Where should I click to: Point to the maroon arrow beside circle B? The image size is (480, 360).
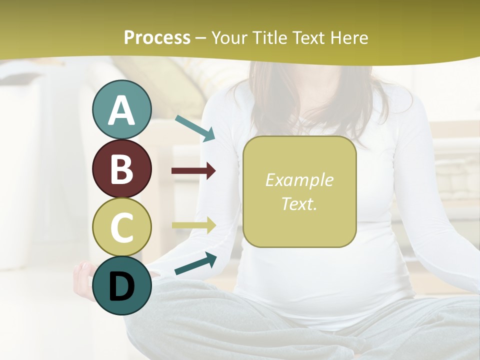pos(193,171)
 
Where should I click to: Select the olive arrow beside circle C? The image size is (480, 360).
pos(193,225)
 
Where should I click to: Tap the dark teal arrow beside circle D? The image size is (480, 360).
pos(195,263)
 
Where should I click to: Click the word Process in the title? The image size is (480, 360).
pos(157,37)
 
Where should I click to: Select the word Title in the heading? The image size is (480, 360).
pos(270,37)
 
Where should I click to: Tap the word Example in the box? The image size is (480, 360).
pos(299,180)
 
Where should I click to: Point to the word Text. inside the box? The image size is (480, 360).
pos(299,203)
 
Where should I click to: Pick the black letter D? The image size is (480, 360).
pos(121,286)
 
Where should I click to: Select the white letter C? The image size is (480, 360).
pos(121,227)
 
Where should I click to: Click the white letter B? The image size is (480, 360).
pos(121,169)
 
